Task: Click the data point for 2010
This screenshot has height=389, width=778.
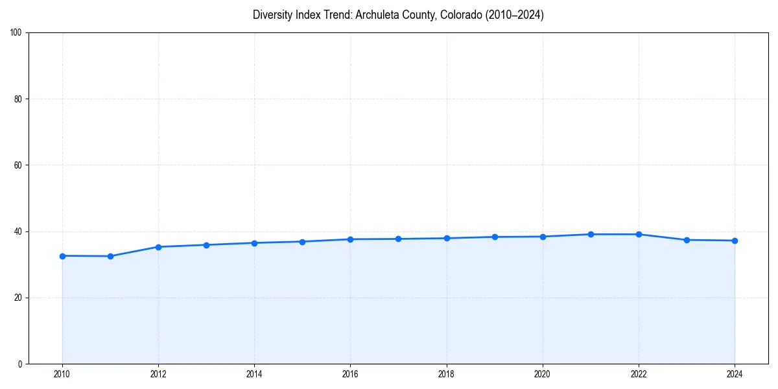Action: [x=62, y=256]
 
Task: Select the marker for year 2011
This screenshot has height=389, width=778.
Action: [x=110, y=256]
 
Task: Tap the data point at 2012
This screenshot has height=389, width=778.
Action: [x=158, y=247]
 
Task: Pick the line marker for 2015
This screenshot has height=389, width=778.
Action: [x=302, y=242]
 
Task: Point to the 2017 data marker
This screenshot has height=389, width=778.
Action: [x=398, y=239]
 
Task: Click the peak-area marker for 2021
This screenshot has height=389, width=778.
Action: [x=591, y=234]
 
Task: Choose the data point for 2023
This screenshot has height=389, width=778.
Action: [x=687, y=240]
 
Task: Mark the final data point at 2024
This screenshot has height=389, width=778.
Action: [x=735, y=241]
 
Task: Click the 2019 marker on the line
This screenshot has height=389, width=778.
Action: [x=495, y=237]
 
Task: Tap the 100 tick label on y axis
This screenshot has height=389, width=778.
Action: [x=17, y=33]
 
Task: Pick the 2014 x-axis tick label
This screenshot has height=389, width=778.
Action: [x=254, y=374]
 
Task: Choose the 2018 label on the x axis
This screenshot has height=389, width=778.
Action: [x=446, y=374]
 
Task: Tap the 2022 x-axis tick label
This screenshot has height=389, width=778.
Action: [x=639, y=374]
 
